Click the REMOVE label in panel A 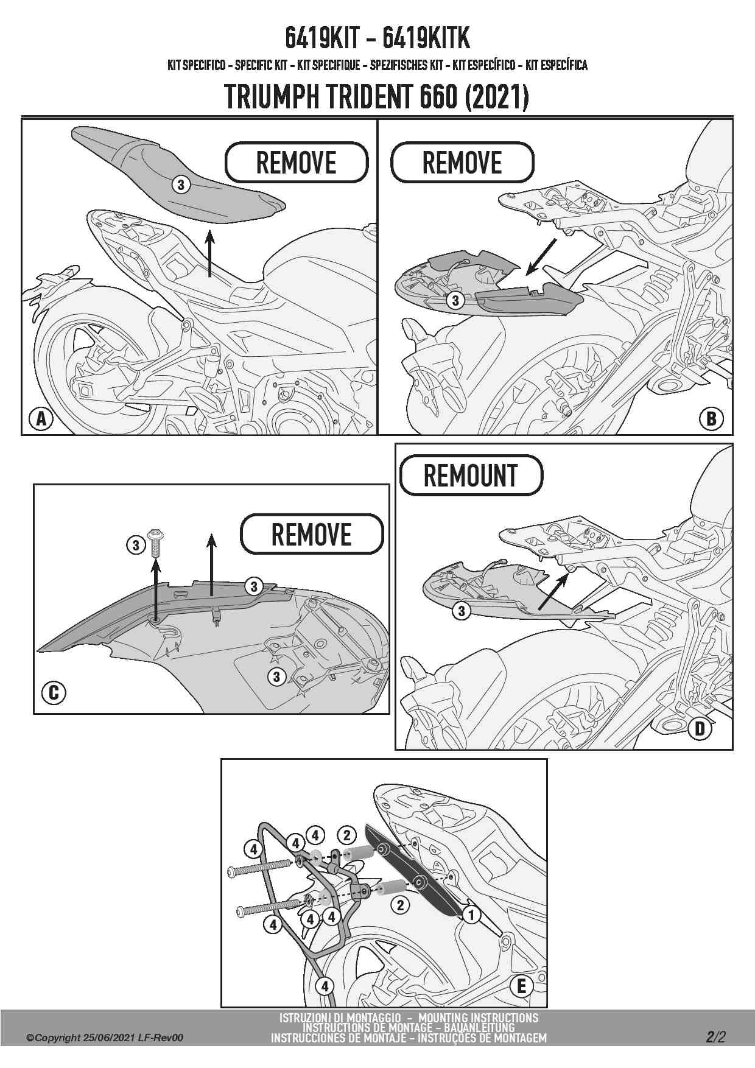pos(297,163)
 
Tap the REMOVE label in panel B pos(462,163)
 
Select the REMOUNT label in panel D pos(471,476)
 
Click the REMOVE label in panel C pos(312,535)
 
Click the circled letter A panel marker pos(41,419)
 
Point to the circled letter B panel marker pos(711,419)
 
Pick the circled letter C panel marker pos(54,693)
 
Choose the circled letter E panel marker pos(521,986)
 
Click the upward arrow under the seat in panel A pos(209,254)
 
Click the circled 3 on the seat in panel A pos(181,184)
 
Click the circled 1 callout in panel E pos(471,915)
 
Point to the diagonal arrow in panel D pos(555,591)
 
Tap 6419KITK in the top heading pos(426,38)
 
